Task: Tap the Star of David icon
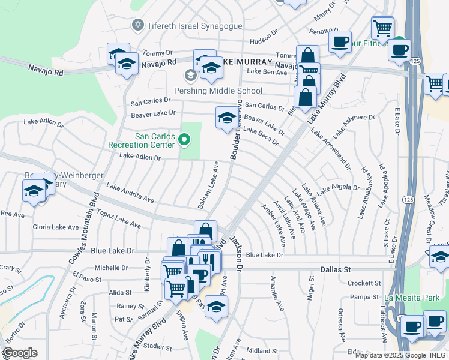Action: click(x=137, y=25)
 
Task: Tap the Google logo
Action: click(x=20, y=353)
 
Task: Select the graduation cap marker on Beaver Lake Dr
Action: click(x=226, y=118)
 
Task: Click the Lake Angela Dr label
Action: click(x=339, y=187)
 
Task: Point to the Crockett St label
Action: click(x=364, y=283)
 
